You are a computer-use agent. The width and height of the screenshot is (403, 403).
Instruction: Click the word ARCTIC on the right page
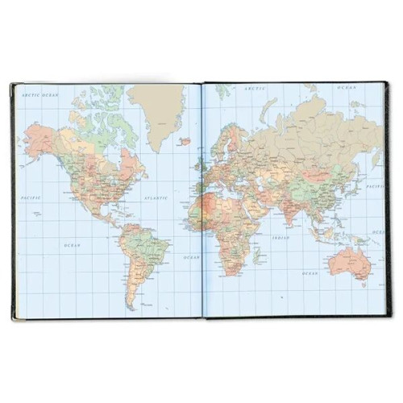[x=256, y=87]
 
